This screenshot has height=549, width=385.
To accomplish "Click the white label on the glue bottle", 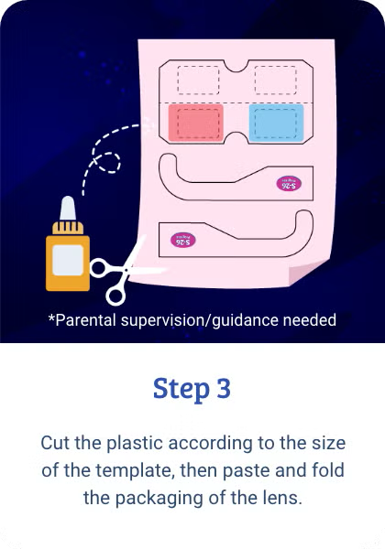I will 68,262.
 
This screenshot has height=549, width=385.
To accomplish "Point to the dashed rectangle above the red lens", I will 199,81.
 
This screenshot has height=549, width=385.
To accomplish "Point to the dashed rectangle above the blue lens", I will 277,81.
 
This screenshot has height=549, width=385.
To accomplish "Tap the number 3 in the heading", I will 224,388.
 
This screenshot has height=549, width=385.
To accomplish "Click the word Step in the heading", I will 181,388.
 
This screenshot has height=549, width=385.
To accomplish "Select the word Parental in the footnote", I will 87,320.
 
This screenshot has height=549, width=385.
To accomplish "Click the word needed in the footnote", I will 310,320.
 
